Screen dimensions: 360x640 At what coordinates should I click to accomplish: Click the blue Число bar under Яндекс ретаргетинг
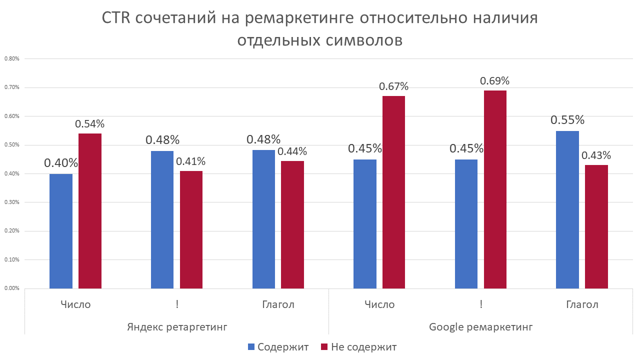[61, 231]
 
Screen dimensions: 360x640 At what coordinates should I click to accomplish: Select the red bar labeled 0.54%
[90, 211]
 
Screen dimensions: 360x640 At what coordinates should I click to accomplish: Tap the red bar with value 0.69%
[495, 189]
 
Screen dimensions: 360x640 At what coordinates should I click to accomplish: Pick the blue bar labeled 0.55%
[567, 209]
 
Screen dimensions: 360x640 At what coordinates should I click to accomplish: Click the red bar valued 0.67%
[393, 192]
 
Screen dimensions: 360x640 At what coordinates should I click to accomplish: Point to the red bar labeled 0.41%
[191, 229]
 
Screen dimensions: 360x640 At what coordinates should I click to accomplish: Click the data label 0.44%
[292, 151]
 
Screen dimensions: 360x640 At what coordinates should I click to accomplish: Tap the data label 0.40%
[61, 163]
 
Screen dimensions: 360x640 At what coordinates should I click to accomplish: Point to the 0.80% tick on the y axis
[11, 58]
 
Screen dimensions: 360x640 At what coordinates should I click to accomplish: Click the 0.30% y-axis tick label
[11, 202]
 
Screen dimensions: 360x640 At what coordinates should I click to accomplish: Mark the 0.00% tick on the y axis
[11, 288]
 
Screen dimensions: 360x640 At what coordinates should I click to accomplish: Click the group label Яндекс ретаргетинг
[177, 327]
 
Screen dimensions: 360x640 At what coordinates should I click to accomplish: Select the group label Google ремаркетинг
[480, 327]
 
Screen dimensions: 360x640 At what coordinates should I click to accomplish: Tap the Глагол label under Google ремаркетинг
[582, 304]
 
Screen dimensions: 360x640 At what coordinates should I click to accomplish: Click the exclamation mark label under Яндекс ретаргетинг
[177, 304]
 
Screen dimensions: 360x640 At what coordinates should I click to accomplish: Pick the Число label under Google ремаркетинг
[379, 304]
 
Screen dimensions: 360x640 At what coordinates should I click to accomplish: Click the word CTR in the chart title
[117, 18]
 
